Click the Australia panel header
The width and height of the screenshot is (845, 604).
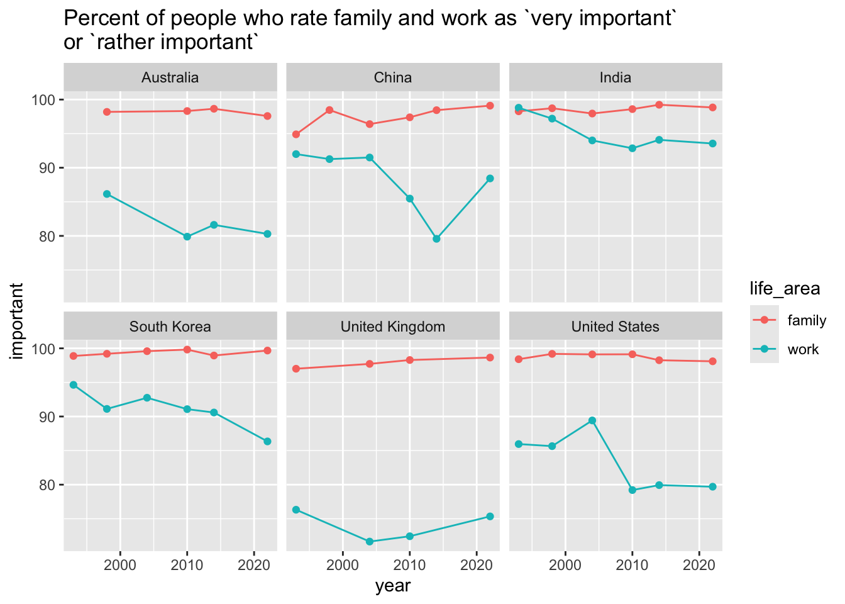pyautogui.click(x=170, y=78)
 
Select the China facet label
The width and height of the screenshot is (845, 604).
pyautogui.click(x=393, y=78)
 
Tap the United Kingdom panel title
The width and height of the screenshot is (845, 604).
pyautogui.click(x=393, y=327)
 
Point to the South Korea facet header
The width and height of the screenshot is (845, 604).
pyautogui.click(x=170, y=327)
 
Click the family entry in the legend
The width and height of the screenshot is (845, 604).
pyautogui.click(x=807, y=320)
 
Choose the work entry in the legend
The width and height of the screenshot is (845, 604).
pyautogui.click(x=803, y=349)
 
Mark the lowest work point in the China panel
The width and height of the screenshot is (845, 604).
pyautogui.click(x=436, y=239)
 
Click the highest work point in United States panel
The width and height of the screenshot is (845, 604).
pyautogui.click(x=592, y=420)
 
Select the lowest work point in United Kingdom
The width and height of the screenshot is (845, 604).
pyautogui.click(x=370, y=542)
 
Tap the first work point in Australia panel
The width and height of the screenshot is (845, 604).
pyautogui.click(x=107, y=194)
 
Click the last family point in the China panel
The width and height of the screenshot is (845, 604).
pyautogui.click(x=490, y=106)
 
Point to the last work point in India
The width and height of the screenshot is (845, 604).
pyautogui.click(x=712, y=143)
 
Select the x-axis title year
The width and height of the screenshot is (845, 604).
pyautogui.click(x=393, y=586)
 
